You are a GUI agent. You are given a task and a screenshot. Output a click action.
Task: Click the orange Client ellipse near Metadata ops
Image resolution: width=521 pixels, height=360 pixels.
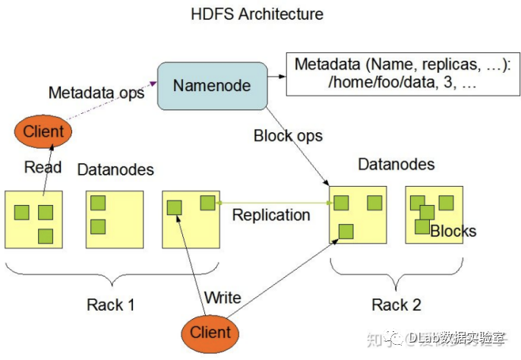(43, 132)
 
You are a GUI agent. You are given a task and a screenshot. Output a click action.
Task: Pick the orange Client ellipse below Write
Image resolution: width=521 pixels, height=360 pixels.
(210, 332)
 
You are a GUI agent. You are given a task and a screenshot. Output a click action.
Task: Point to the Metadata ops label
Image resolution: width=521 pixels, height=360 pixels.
(96, 93)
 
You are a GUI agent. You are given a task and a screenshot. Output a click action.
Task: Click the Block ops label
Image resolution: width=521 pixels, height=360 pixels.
(288, 136)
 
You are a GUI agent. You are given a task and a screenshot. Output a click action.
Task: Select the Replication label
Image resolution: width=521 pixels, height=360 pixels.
(271, 215)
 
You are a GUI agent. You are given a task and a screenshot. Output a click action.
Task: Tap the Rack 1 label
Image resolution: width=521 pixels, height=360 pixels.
(110, 305)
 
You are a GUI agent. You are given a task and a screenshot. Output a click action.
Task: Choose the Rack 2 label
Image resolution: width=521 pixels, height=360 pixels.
(396, 305)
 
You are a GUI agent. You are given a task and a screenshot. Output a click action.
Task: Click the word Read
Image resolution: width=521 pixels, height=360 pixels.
(43, 167)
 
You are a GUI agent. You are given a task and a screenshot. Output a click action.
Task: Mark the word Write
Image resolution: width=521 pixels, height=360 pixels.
(223, 297)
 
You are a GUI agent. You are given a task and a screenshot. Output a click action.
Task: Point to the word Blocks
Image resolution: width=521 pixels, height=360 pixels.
(453, 232)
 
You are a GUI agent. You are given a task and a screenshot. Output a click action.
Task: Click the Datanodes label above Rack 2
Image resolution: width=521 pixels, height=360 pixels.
(396, 165)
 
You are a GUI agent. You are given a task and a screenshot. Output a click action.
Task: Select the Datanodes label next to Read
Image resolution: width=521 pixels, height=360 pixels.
(115, 169)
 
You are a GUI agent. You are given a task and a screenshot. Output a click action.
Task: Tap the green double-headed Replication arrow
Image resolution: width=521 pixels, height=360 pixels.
(273, 203)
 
